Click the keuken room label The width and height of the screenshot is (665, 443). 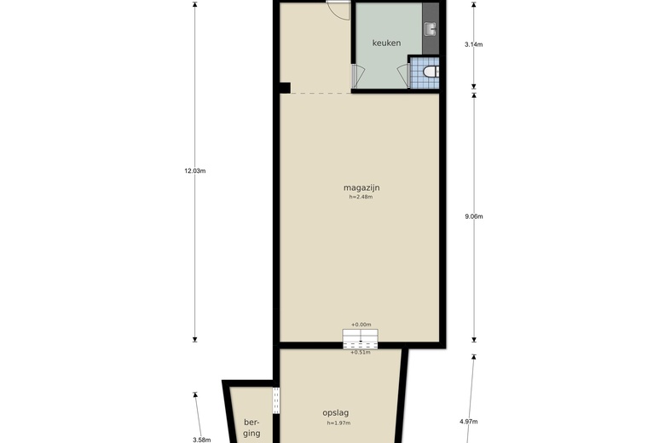point(386,43)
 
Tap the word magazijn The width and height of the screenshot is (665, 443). point(361,187)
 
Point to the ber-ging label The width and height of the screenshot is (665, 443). point(251,428)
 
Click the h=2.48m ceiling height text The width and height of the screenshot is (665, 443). point(361,197)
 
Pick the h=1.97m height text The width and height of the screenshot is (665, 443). point(338,423)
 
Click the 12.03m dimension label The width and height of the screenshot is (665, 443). point(194,170)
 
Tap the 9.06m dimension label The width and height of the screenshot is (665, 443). point(474,216)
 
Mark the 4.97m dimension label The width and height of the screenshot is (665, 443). point(468,421)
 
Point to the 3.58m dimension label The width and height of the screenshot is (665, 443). point(201,440)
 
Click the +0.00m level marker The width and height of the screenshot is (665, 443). point(361,325)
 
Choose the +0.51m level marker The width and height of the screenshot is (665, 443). point(361,352)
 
